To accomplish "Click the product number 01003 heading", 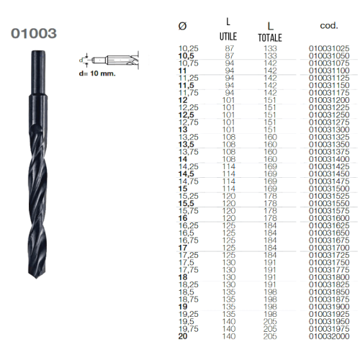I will [35, 33].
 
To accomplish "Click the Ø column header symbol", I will [182, 26].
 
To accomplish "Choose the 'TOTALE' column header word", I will [270, 37].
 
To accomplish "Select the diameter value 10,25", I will [188, 48].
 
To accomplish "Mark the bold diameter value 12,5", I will [187, 114].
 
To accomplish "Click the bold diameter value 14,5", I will [187, 173].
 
